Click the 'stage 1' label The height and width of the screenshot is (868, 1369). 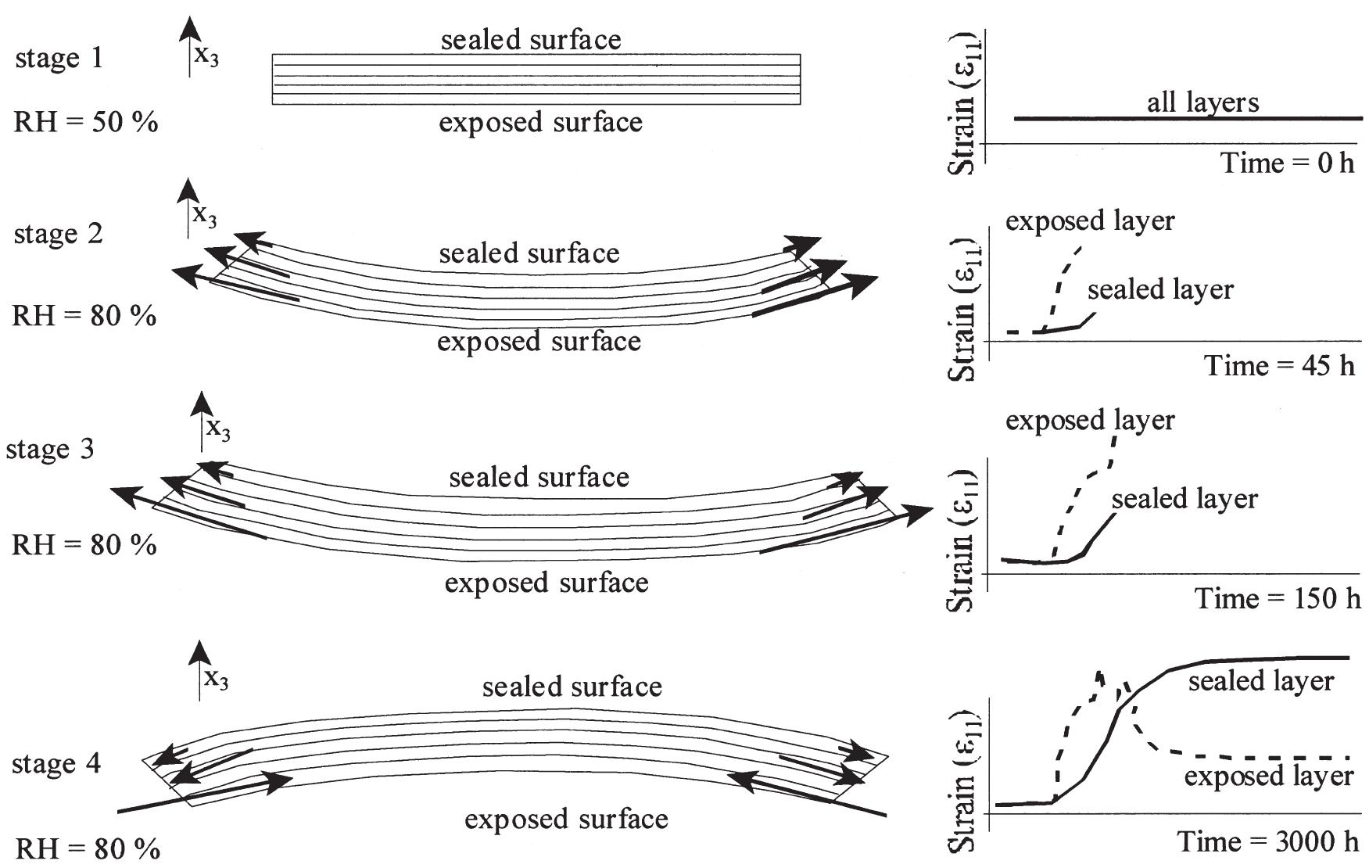[59, 59]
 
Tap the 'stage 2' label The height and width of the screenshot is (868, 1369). [59, 234]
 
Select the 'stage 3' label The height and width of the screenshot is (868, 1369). [50, 450]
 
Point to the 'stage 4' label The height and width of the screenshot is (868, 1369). [56, 764]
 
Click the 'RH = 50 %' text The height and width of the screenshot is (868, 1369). [86, 123]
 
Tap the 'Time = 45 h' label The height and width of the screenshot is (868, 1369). [1280, 365]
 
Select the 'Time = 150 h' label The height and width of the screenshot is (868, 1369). [1278, 598]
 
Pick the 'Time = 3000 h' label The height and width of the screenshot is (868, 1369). [1269, 841]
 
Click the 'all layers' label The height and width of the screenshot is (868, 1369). [1202, 102]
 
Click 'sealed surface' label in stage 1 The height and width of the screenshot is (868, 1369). [531, 39]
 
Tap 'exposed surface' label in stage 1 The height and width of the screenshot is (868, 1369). [540, 122]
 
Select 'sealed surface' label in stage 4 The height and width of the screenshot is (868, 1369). [572, 687]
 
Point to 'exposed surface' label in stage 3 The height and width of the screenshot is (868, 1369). [547, 583]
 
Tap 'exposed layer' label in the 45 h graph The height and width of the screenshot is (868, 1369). [1090, 221]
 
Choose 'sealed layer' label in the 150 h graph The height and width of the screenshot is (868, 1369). [1184, 499]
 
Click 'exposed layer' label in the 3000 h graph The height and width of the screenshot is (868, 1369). [1269, 777]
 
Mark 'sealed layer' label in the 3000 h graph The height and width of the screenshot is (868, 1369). [1261, 681]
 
